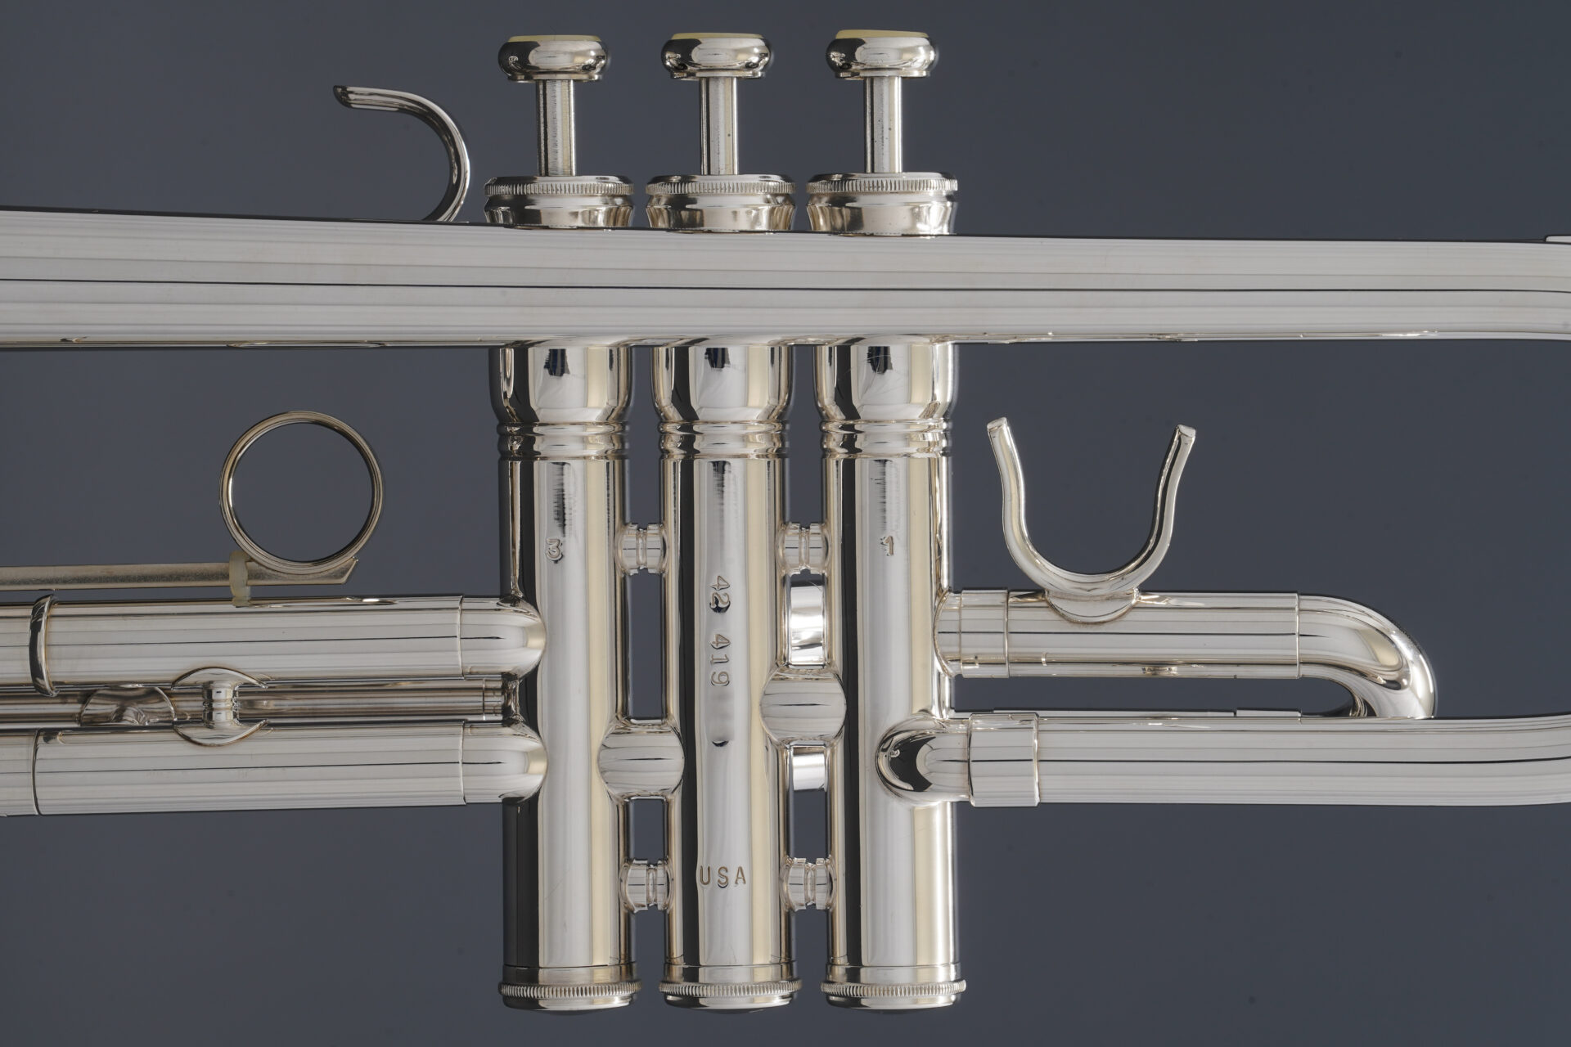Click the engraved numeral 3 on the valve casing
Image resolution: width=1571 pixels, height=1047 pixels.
[555, 551]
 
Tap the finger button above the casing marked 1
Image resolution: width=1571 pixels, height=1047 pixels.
[881, 55]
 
